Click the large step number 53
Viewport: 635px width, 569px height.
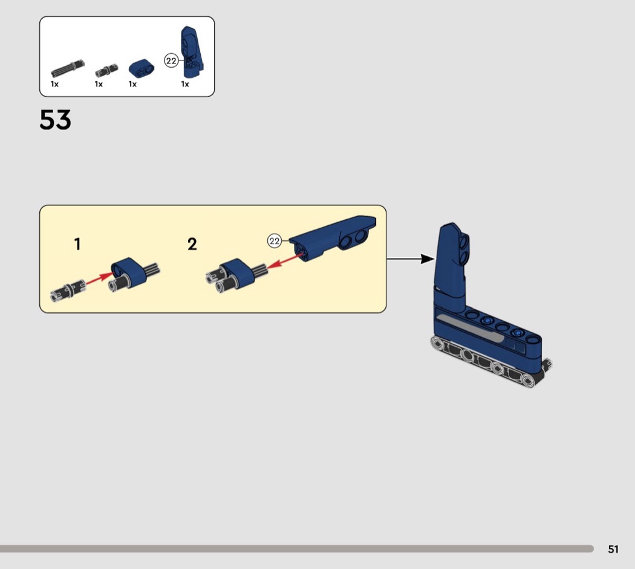[x=56, y=120]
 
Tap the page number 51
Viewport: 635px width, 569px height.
[x=613, y=549]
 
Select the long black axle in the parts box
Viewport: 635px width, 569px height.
[x=68, y=69]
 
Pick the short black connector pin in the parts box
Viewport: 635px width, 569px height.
[x=106, y=71]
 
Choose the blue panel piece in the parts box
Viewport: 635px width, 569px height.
[x=192, y=52]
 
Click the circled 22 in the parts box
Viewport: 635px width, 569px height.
[x=171, y=60]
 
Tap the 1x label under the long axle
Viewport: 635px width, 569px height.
[x=54, y=84]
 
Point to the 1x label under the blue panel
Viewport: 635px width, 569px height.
[x=185, y=84]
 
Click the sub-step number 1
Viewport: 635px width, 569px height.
[x=77, y=244]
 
